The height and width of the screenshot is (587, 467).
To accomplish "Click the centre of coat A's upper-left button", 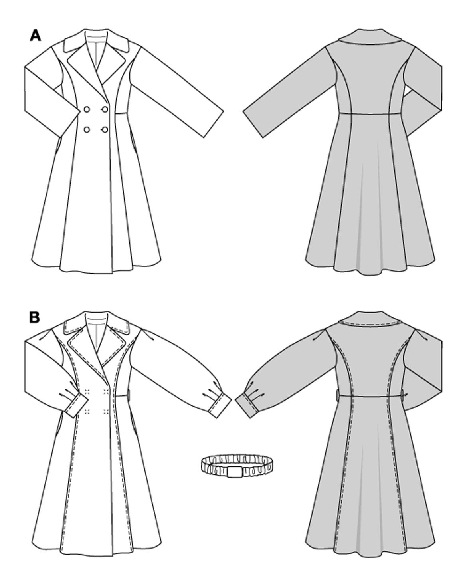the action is pyautogui.click(x=87, y=109).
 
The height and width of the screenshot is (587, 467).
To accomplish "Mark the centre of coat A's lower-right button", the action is pyautogui.click(x=105, y=129).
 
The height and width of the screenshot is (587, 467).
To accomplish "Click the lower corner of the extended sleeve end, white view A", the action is pyautogui.click(x=204, y=138).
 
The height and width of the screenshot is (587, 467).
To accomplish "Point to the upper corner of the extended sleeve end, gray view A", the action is pyautogui.click(x=243, y=111).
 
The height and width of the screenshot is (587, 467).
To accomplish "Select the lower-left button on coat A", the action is pyautogui.click(x=87, y=129).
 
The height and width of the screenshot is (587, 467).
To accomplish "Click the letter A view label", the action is pyautogui.click(x=36, y=36).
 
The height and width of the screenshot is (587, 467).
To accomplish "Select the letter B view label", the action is pyautogui.click(x=35, y=317).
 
